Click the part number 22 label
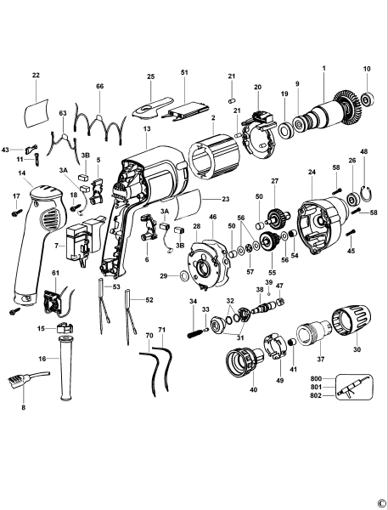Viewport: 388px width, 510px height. click(36, 76)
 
